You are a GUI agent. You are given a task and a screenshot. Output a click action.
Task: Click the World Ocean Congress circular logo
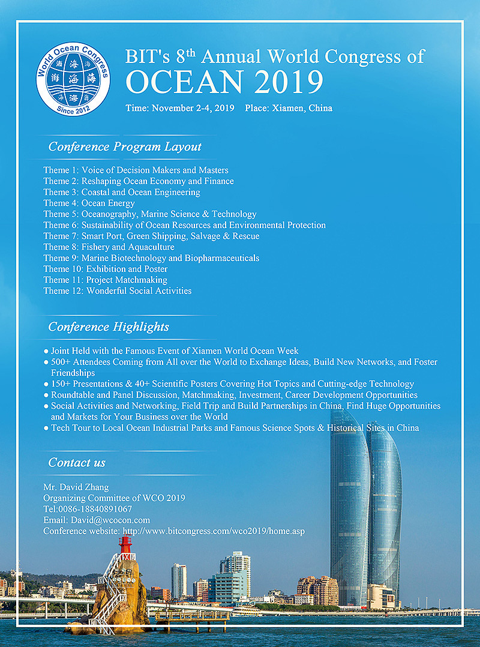tap(73, 79)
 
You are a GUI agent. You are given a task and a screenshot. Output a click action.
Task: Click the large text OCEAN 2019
tap(224, 82)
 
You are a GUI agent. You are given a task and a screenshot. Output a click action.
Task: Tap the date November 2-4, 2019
tap(193, 109)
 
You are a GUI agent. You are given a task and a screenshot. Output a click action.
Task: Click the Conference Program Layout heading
tap(125, 146)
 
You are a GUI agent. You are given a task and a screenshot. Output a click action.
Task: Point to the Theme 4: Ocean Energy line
tap(89, 203)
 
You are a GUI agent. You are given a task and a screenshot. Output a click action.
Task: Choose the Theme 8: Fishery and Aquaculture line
tap(109, 247)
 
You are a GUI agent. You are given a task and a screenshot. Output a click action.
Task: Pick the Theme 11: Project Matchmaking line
tap(105, 280)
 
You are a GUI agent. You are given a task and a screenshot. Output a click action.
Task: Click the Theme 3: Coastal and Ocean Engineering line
tap(121, 192)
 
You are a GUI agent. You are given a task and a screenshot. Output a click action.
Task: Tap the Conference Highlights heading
tap(109, 327)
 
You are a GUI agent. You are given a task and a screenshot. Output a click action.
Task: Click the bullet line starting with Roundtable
tap(234, 395)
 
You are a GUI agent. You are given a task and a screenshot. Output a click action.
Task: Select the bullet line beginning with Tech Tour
tap(234, 428)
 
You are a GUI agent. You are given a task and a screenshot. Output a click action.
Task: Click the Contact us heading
tap(77, 462)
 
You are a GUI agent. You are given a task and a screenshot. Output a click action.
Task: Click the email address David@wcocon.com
tap(110, 520)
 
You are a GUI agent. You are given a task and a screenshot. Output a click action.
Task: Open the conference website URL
tap(214, 531)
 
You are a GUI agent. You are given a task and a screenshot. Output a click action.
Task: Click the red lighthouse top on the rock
tap(125, 544)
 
